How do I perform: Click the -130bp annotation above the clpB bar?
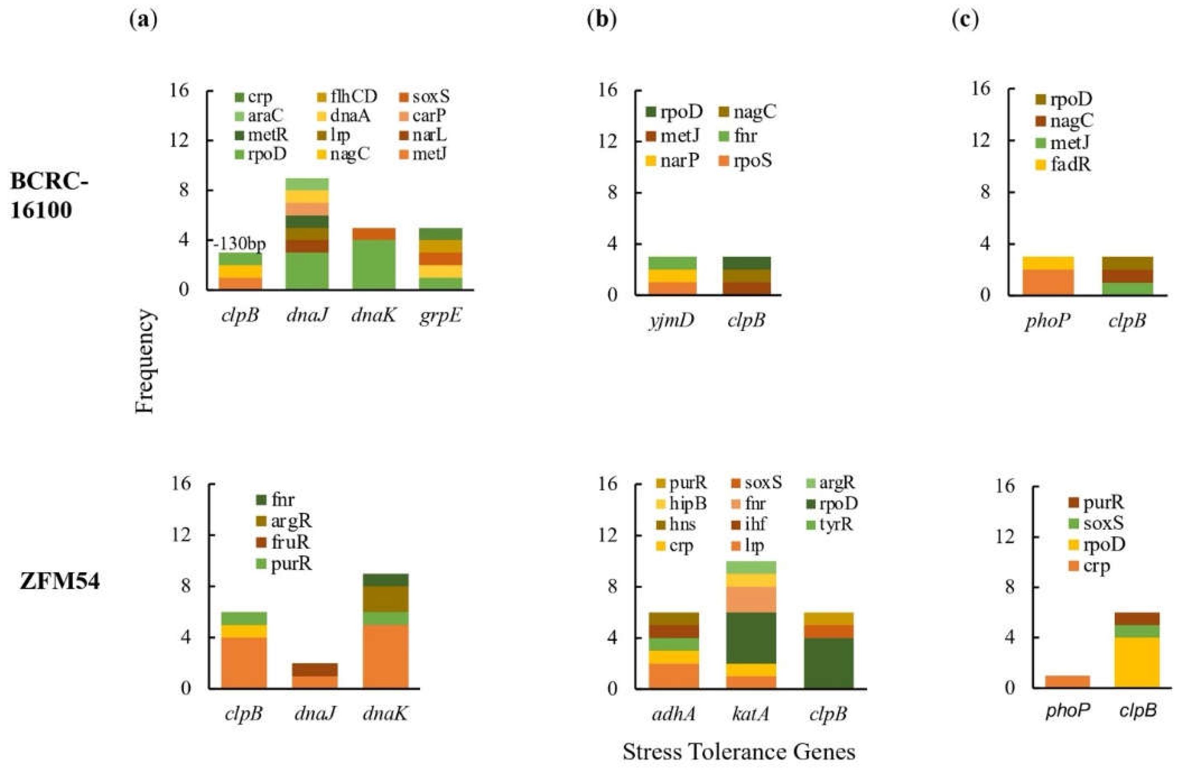pos(240,244)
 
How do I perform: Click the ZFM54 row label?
pos(60,582)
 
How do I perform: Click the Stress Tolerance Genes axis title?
pos(739,752)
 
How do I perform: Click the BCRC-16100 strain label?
pos(49,195)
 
